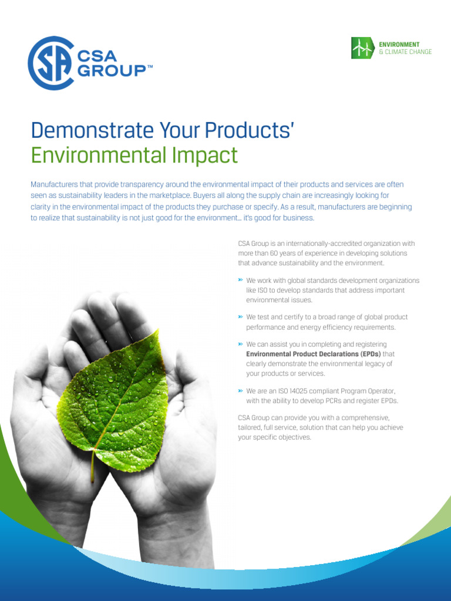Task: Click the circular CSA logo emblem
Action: [51, 63]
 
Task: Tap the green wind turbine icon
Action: [362, 48]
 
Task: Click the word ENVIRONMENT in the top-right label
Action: [399, 45]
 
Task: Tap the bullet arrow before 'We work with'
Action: [241, 281]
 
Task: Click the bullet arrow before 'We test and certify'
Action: [241, 317]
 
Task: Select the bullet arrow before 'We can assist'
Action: [241, 344]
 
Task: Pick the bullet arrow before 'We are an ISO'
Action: [241, 390]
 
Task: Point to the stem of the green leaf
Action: [93, 464]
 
